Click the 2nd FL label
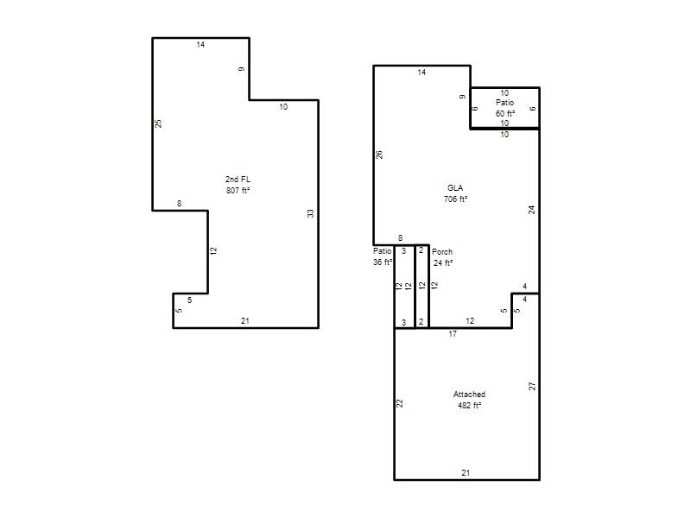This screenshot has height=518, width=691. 238,180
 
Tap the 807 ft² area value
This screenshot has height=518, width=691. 238,190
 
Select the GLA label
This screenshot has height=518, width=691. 455,187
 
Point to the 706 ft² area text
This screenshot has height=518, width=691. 456,199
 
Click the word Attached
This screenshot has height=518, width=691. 469,395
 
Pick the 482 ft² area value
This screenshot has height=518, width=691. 469,405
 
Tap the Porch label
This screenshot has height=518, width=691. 442,251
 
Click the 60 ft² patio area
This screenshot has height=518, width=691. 505,114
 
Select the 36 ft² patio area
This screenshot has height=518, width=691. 383,262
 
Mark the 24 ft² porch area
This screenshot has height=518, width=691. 443,263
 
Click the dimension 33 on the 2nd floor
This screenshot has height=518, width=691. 311,213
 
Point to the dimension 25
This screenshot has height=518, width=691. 159,123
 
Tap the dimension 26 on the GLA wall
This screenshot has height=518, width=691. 379,155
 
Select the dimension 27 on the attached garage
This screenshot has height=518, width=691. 532,386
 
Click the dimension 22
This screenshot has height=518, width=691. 400,403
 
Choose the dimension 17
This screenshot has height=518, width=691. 453,334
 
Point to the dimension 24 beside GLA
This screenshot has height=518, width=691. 532,210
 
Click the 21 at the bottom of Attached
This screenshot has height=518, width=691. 466,472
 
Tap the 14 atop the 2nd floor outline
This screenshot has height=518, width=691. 200,45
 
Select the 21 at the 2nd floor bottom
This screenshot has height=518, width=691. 245,321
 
